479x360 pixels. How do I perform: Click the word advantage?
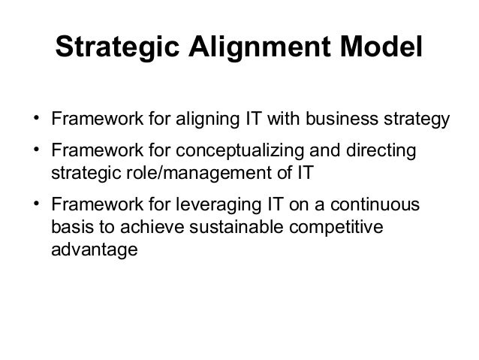pos(94,247)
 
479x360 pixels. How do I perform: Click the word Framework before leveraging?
pos(94,207)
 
